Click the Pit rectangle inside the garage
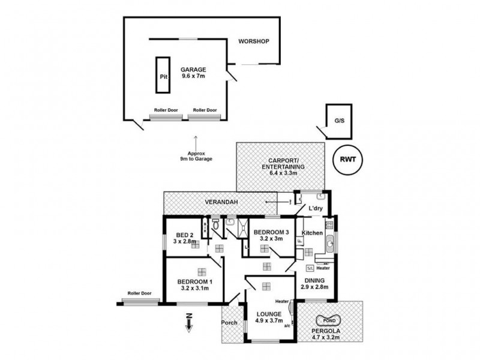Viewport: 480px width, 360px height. point(162,76)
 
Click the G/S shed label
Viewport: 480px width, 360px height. point(340,120)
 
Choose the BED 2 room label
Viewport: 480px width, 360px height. point(184,238)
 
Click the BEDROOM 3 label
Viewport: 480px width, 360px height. point(271,235)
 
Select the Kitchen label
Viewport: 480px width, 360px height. point(312,232)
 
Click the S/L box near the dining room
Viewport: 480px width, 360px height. point(310,268)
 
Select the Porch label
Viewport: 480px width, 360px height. point(229,323)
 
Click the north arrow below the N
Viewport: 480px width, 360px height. point(189,328)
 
